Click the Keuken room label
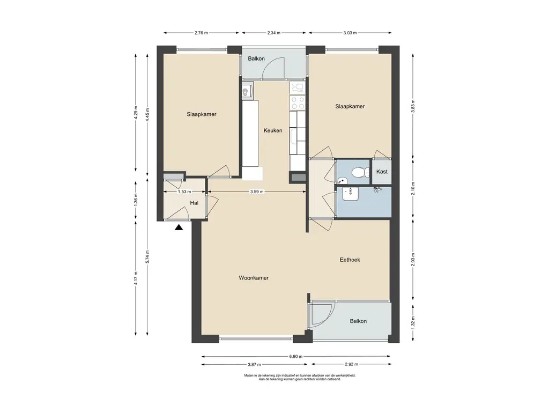tap(273, 130)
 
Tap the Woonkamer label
tap(254, 278)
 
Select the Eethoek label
tap(350, 260)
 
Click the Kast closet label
tap(382, 172)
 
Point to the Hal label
tap(194, 203)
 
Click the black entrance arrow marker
tap(179, 227)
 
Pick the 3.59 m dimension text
tap(257, 192)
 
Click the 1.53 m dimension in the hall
tap(184, 192)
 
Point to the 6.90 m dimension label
tap(296, 356)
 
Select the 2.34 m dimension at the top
tap(274, 33)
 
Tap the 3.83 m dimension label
tap(413, 106)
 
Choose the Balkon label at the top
tap(256, 58)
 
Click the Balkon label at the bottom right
tap(358, 321)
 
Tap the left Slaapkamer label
tap(202, 114)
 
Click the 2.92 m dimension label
tap(351, 364)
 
